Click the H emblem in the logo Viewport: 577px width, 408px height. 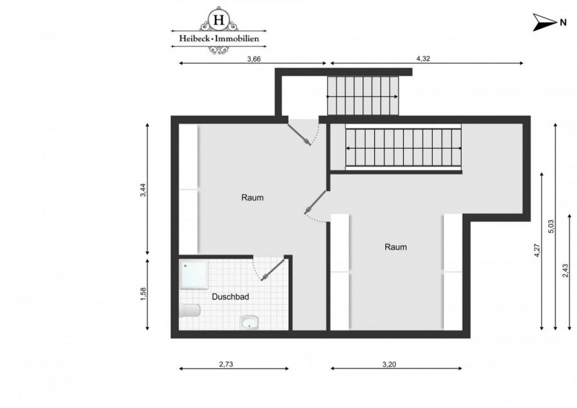219,20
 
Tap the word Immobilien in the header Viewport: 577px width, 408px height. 240,39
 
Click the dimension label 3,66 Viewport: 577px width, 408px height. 253,59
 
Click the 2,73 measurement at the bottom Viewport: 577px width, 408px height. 226,364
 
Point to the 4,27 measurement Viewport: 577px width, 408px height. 537,251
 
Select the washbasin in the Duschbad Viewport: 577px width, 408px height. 249,322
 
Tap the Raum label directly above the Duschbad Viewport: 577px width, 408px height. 253,197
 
